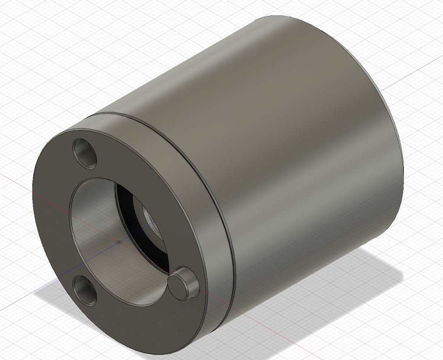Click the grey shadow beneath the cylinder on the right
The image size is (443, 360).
pos(346,277)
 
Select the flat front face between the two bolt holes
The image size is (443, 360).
pos(52,216)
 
